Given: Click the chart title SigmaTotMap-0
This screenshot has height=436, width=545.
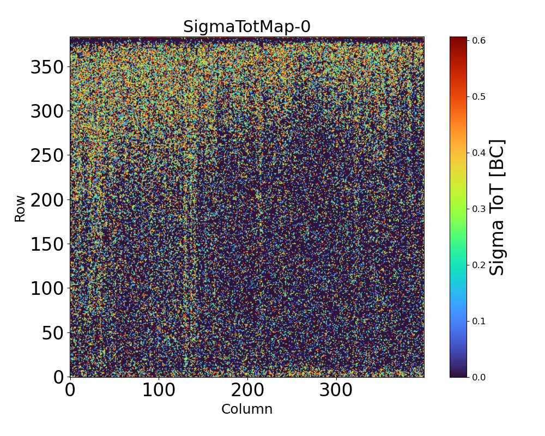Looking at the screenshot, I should click(x=247, y=27).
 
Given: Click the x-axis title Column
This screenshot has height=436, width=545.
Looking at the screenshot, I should click(x=247, y=409).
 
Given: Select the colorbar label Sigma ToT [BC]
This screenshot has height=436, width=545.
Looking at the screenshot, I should click(x=497, y=207).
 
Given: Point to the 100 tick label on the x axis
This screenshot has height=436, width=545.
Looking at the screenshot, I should click(x=159, y=391).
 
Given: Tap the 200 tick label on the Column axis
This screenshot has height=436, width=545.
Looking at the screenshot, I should click(x=247, y=391).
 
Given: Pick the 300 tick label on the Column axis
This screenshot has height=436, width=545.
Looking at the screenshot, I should click(x=336, y=391).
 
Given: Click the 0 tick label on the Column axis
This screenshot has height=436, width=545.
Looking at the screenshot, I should click(x=70, y=391).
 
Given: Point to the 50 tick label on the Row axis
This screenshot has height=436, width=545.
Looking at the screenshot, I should click(x=53, y=332).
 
